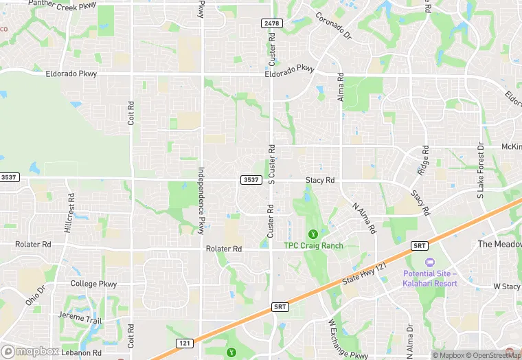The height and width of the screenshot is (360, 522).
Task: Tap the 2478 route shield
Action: [271, 23]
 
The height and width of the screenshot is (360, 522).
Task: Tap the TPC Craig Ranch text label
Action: [313, 245]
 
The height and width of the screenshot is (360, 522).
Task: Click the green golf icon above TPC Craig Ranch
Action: [313, 234]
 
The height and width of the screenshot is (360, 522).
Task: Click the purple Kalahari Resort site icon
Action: [430, 262]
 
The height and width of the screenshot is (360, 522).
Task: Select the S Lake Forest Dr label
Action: [481, 170]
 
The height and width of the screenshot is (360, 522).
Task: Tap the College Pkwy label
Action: [93, 283]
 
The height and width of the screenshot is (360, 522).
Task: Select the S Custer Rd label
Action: [271, 164]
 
